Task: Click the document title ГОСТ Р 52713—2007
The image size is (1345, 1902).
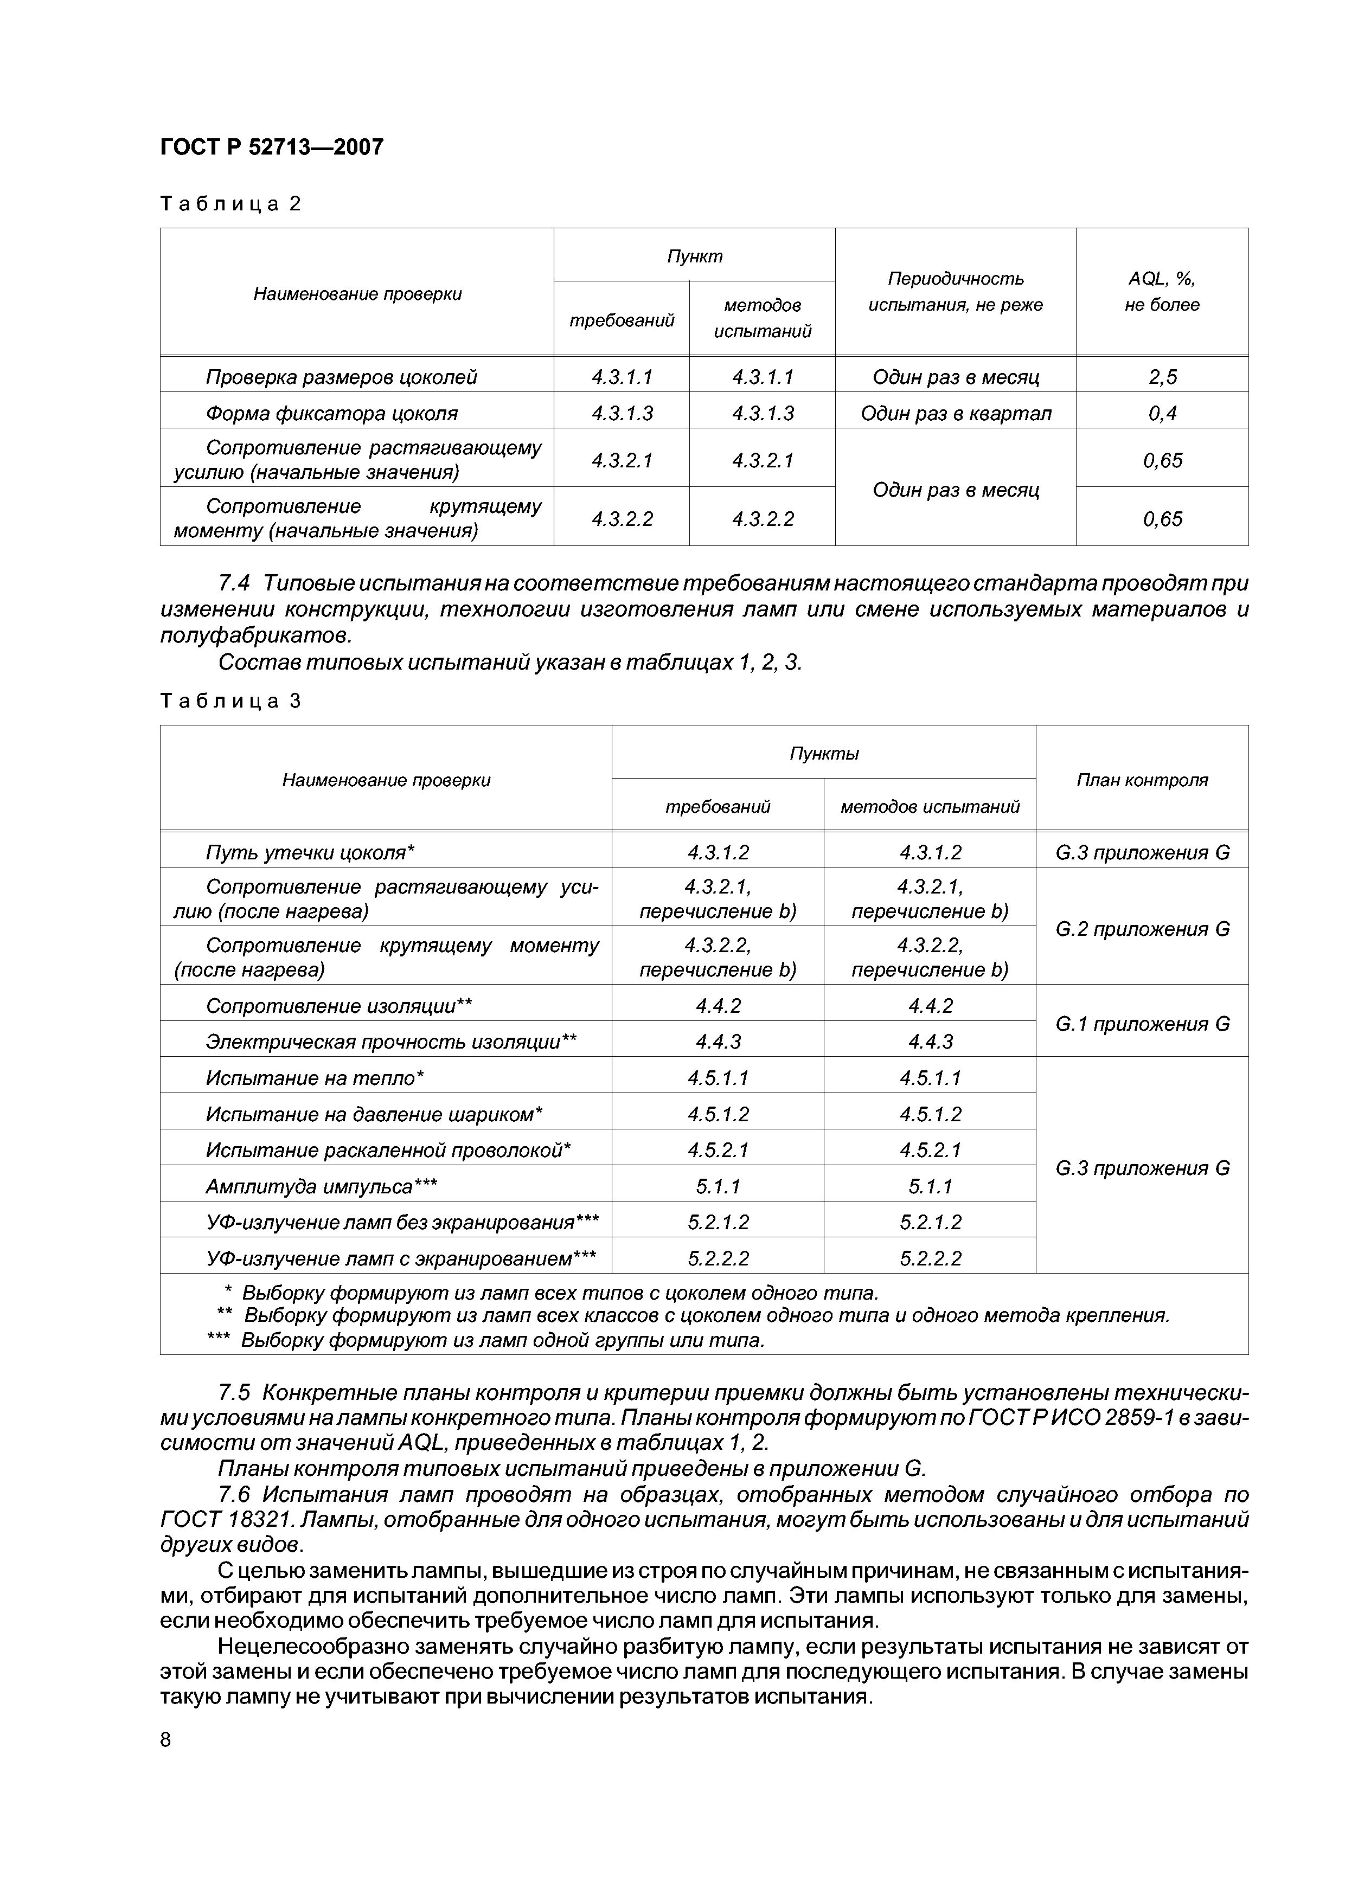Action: (271, 147)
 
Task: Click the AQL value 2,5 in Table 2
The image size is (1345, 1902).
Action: (1161, 377)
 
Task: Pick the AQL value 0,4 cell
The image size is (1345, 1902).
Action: (1161, 413)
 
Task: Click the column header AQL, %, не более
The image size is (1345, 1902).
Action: (1161, 292)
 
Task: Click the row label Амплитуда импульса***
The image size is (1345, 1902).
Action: (321, 1186)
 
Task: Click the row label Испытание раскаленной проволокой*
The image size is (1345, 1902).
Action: (388, 1150)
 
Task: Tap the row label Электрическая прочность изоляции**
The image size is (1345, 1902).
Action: (390, 1042)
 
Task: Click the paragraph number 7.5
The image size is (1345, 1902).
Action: (236, 1389)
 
